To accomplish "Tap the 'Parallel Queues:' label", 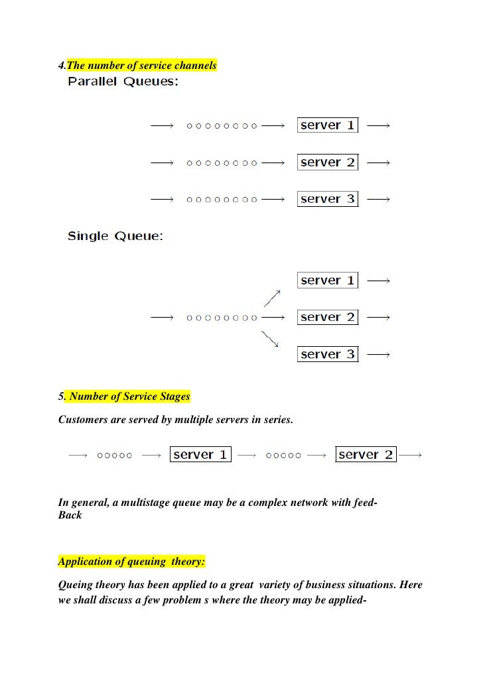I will coord(122,82).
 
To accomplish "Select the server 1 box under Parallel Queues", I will coord(328,125).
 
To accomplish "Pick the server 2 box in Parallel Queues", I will coord(328,162).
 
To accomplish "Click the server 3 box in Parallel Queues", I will coord(328,199).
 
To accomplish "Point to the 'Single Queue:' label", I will coord(115,237).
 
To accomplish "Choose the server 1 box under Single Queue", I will coord(328,280).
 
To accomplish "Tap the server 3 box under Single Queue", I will coord(328,354).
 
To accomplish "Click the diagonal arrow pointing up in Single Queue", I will coord(272,298).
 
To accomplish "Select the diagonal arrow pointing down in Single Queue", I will coord(270,339).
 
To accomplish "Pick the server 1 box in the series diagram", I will coord(200,455).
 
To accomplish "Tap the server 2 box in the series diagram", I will coord(366,455).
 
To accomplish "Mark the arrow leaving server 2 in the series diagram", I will coord(411,456).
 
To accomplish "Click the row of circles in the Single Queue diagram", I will coord(222,318).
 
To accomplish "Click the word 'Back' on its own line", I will coord(70,515).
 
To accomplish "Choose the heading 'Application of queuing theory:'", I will coord(132,562).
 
